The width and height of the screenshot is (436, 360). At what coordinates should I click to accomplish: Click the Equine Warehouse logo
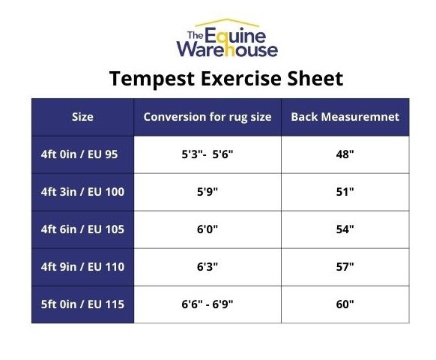(x=226, y=40)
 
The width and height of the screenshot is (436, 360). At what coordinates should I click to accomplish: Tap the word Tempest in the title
(x=158, y=79)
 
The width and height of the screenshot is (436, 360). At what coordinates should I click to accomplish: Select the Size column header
(x=82, y=117)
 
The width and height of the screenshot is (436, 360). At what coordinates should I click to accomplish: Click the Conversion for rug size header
(x=208, y=117)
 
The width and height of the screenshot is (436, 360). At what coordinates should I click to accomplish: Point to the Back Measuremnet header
(x=345, y=117)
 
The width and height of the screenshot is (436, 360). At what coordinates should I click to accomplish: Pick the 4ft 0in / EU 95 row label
(x=79, y=154)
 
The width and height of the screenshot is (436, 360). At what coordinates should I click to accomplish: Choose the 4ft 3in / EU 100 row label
(x=82, y=192)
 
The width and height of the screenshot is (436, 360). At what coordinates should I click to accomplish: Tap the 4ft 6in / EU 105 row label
(x=82, y=229)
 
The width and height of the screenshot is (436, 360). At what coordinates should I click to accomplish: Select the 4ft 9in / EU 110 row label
(x=82, y=267)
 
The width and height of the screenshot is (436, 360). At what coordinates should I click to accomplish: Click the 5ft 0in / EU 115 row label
(x=82, y=304)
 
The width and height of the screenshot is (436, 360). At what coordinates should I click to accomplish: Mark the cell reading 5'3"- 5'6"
(x=207, y=154)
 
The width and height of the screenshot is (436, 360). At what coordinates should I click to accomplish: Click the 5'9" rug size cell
(x=207, y=192)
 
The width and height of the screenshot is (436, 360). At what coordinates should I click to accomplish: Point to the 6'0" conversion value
(x=207, y=229)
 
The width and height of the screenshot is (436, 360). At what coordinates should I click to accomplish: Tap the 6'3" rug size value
(x=207, y=267)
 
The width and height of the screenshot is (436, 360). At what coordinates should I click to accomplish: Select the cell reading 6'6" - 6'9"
(x=207, y=304)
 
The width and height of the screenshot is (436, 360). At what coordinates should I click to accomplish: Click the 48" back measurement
(x=345, y=154)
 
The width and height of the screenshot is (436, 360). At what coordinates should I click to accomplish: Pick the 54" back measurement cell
(x=345, y=229)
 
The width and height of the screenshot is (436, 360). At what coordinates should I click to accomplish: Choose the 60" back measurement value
(x=345, y=304)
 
